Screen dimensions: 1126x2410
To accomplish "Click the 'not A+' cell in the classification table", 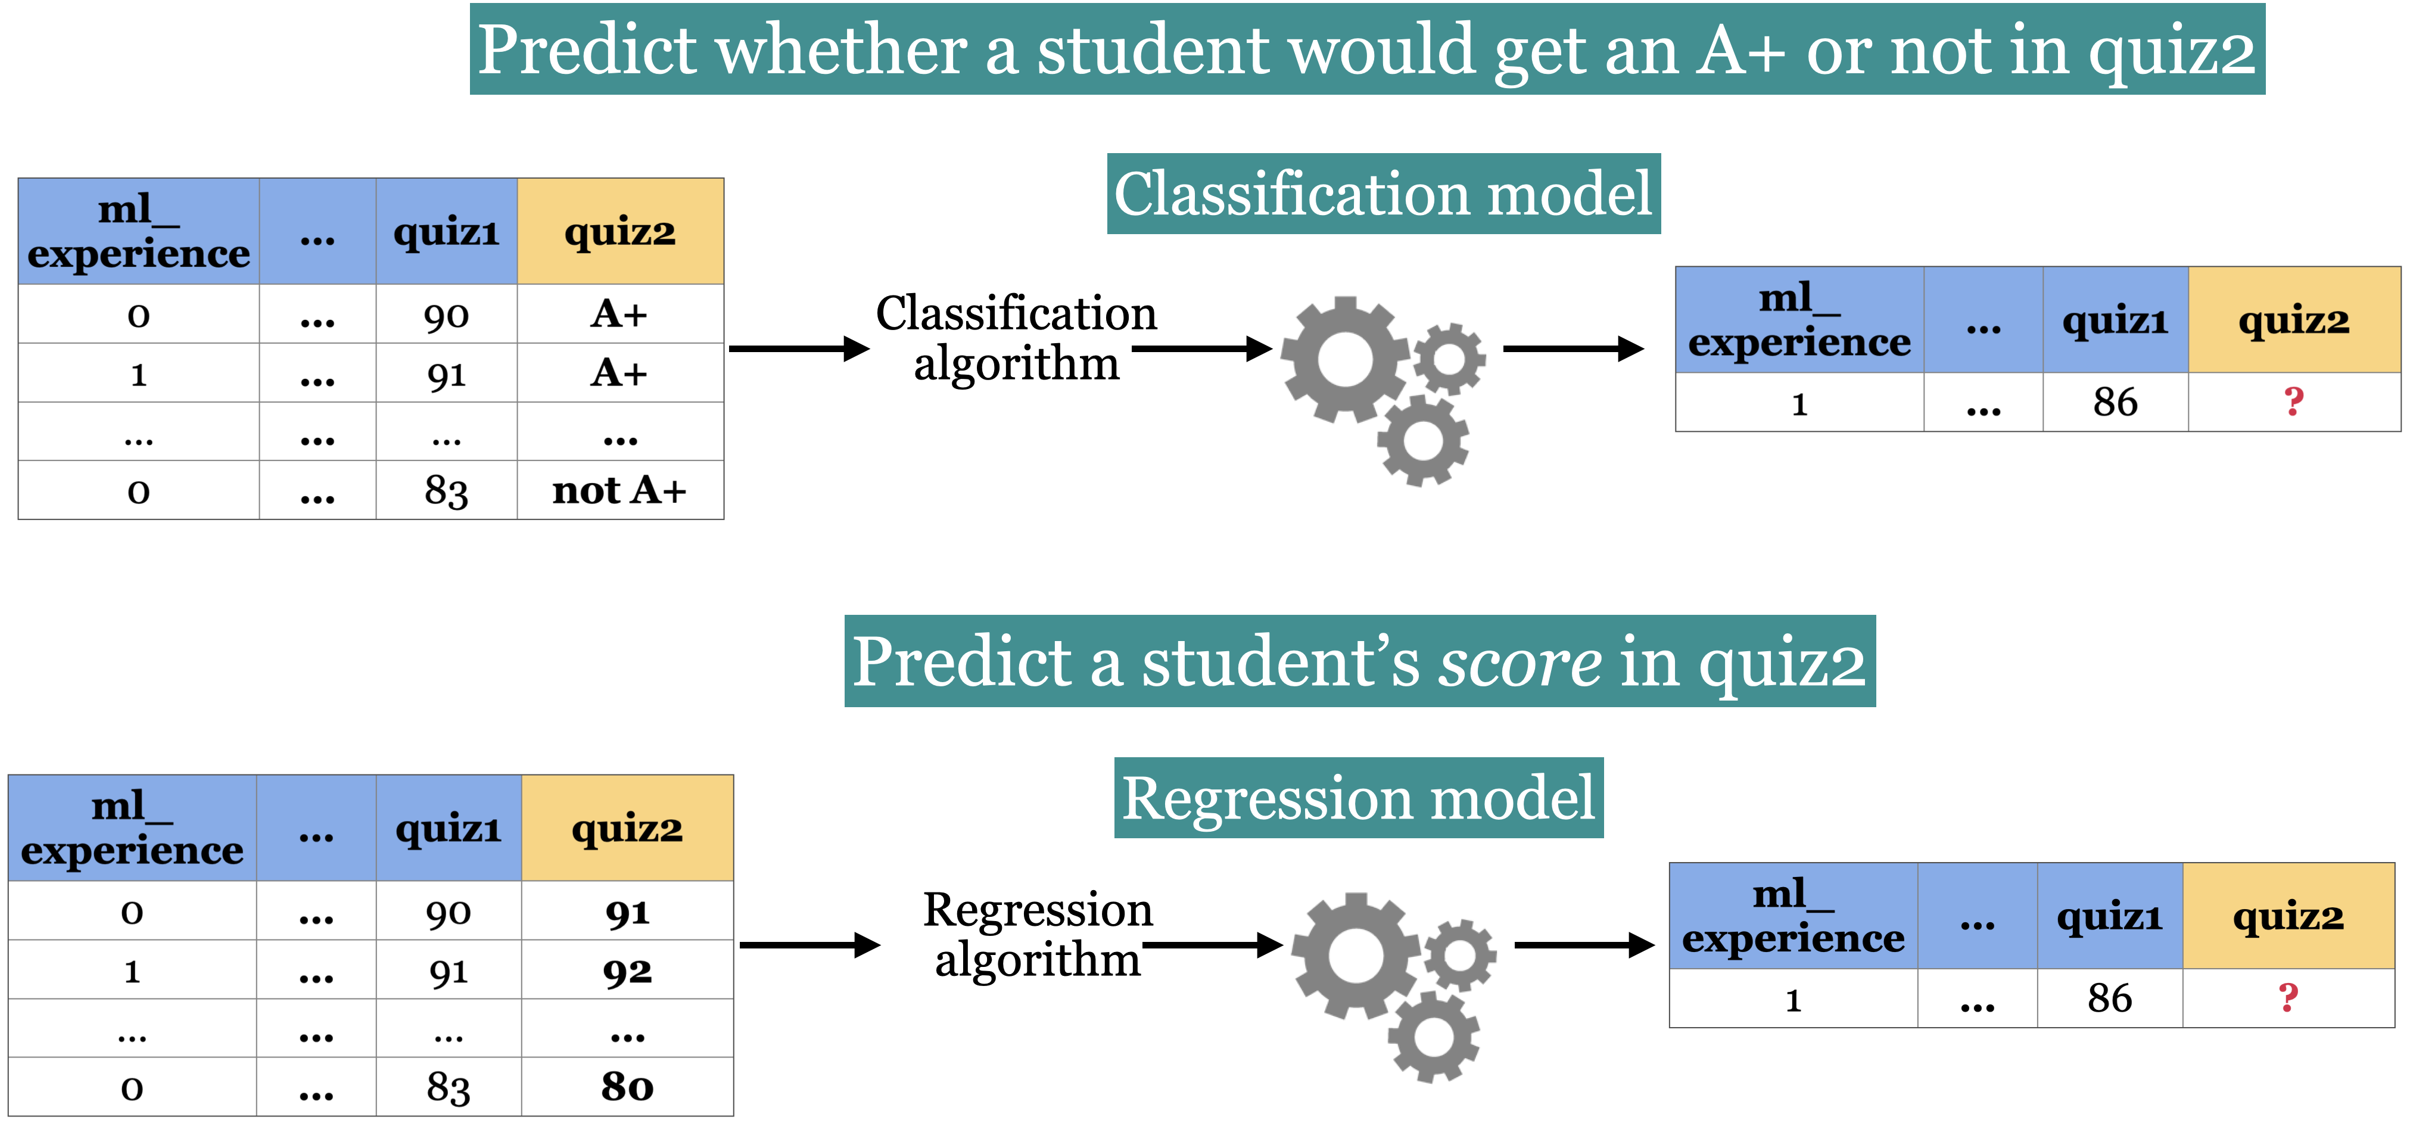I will pyautogui.click(x=619, y=490).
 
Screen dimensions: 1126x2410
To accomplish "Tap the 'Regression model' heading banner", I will pyautogui.click(x=1359, y=798).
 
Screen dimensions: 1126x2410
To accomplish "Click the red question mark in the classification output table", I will pyautogui.click(x=2293, y=403).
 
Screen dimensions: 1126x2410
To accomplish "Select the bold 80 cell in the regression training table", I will pyautogui.click(x=627, y=1087).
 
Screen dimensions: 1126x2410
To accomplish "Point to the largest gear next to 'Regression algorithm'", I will pyautogui.click(x=1356, y=956).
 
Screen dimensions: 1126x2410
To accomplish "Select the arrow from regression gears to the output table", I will pyautogui.click(x=1584, y=945).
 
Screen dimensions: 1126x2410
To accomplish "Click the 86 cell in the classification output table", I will pyautogui.click(x=2115, y=403).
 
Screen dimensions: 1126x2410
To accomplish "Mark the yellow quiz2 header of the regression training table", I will pyautogui.click(x=627, y=828).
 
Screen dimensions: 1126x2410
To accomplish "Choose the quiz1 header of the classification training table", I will pyautogui.click(x=446, y=231).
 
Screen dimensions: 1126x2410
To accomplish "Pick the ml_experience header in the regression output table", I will pyautogui.click(x=1792, y=916).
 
